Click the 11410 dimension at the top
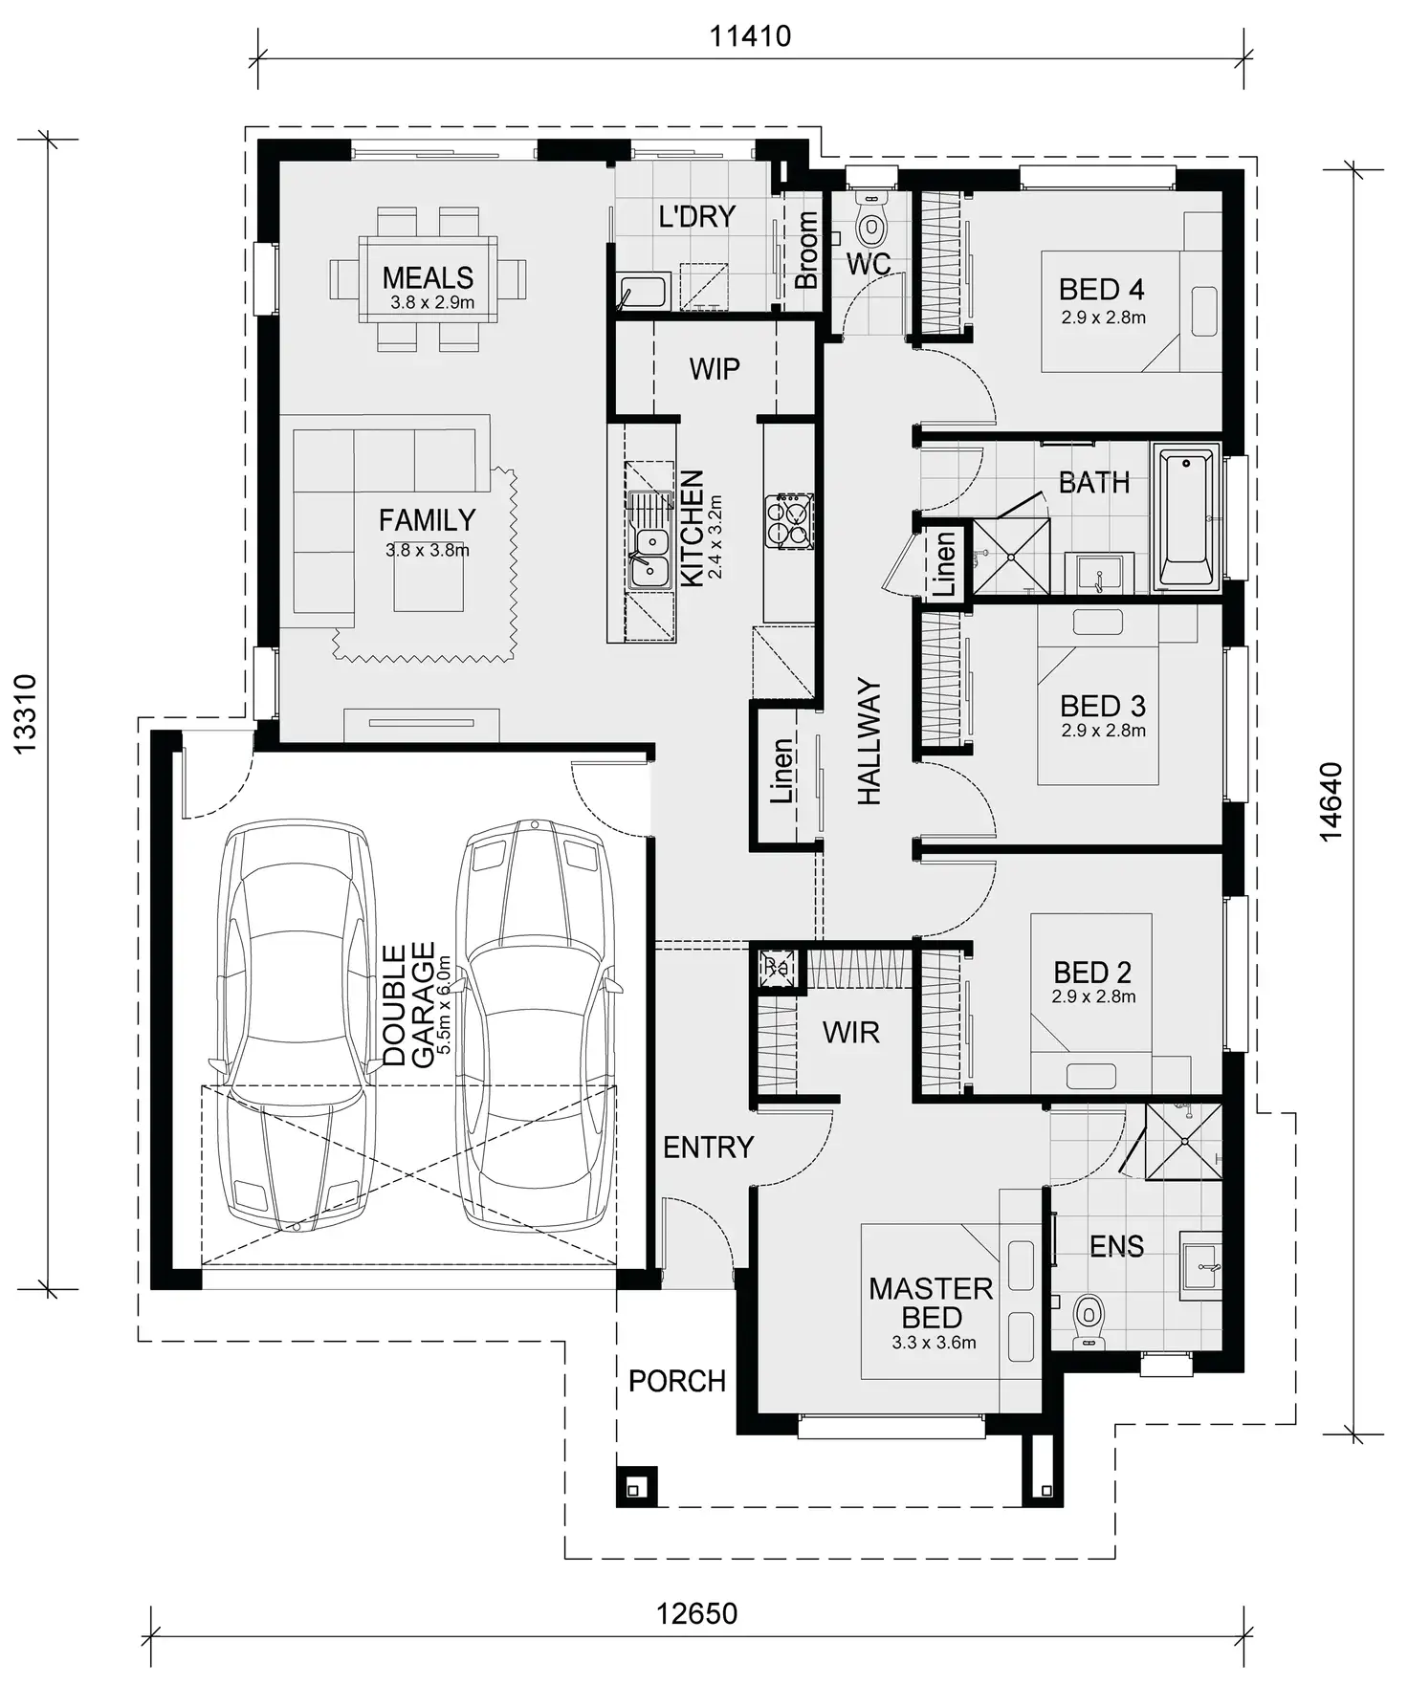click(x=750, y=36)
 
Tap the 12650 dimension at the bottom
click(x=696, y=1613)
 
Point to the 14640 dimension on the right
click(x=1331, y=801)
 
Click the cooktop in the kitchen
click(x=789, y=521)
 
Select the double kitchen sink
click(x=649, y=558)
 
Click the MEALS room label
click(x=428, y=278)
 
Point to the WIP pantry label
click(x=715, y=369)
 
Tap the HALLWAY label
click(x=869, y=741)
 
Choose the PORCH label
click(x=677, y=1381)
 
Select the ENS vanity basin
click(x=1201, y=1266)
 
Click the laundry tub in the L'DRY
click(x=643, y=291)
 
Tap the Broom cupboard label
click(x=806, y=251)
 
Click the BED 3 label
click(x=1102, y=706)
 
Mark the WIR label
click(x=850, y=1033)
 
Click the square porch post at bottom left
click(x=635, y=1487)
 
